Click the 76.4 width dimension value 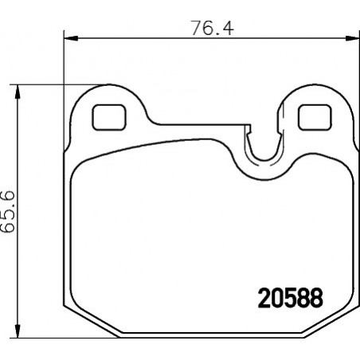(x=213, y=28)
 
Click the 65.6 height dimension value (x=7, y=212)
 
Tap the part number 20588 (x=291, y=298)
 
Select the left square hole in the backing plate (x=109, y=117)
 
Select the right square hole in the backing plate (x=315, y=117)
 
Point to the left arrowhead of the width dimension (x=71, y=38)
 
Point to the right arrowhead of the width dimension (x=352, y=38)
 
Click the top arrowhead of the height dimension (x=18, y=92)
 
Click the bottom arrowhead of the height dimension (x=18, y=331)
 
